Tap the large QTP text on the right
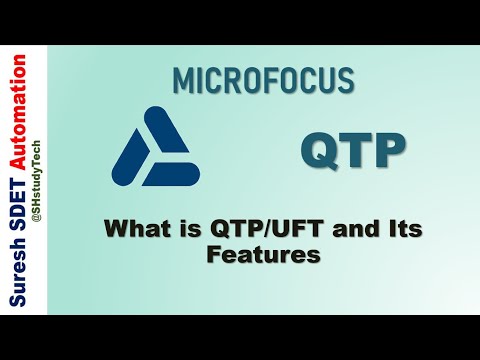click(354, 151)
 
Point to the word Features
click(263, 255)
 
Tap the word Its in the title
click(399, 230)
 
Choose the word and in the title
click(346, 230)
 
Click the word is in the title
click(186, 230)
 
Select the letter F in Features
click(212, 255)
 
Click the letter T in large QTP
click(355, 151)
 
